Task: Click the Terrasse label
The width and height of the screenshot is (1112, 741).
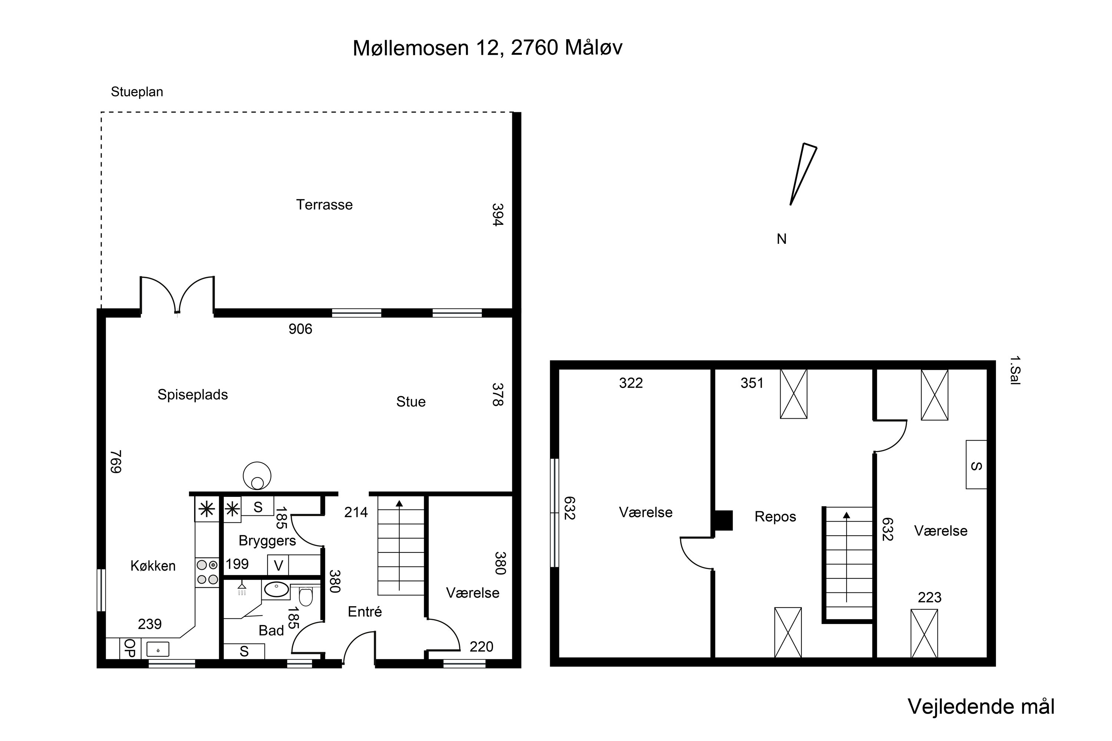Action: pyautogui.click(x=324, y=205)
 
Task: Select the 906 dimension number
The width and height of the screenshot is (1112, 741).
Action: pyautogui.click(x=300, y=329)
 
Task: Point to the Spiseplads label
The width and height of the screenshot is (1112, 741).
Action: pyautogui.click(x=192, y=395)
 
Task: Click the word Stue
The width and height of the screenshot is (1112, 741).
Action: pyautogui.click(x=411, y=402)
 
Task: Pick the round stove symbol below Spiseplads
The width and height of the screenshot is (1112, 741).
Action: pyautogui.click(x=257, y=476)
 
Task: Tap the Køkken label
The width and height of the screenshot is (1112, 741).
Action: pyautogui.click(x=153, y=566)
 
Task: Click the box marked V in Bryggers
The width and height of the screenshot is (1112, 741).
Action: pyautogui.click(x=278, y=566)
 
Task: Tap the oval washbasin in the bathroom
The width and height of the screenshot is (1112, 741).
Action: pyautogui.click(x=276, y=589)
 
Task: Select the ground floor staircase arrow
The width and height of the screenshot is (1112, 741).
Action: pyautogui.click(x=400, y=545)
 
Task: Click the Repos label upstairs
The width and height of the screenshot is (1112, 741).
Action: pyautogui.click(x=775, y=516)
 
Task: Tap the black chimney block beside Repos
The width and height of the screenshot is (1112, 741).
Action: pyautogui.click(x=724, y=520)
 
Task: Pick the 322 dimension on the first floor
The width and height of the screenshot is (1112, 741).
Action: pyautogui.click(x=631, y=383)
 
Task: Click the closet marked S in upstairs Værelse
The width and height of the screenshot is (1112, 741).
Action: pyautogui.click(x=976, y=465)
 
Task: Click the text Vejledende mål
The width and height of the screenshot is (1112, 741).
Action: pyautogui.click(x=981, y=707)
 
